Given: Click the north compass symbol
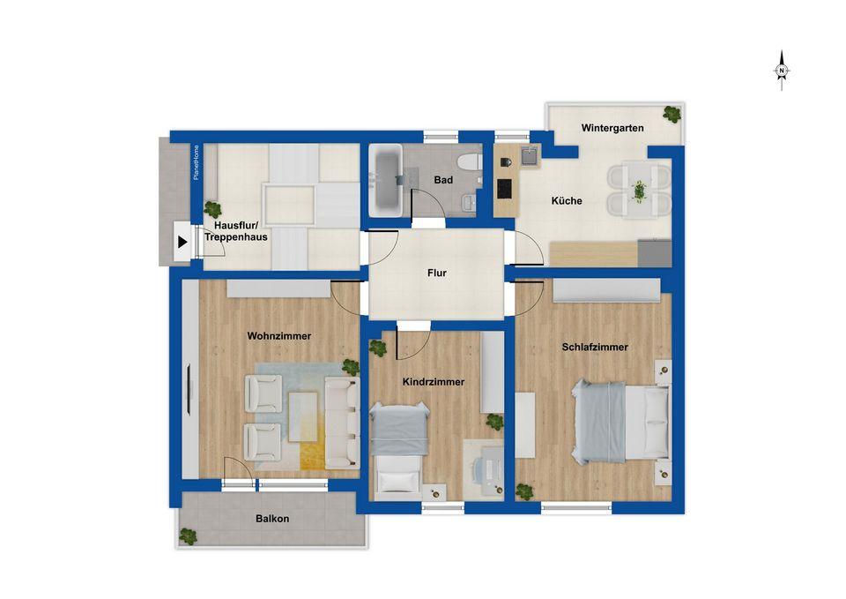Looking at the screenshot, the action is coord(782,71).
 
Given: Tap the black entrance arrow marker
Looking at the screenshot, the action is coord(183,242).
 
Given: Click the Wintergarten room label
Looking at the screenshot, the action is coord(612,128).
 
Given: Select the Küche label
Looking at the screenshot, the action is coord(567,201).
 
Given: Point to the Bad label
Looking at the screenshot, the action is coord(443,180).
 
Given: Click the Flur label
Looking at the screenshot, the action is coord(437,273).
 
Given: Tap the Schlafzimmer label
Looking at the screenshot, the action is coord(595,348).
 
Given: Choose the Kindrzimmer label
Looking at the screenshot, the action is coord(434,382).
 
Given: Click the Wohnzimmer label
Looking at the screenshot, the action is coord(279,336).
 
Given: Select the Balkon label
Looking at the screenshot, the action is coord(272,519).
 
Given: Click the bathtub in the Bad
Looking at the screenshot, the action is coord(386,180).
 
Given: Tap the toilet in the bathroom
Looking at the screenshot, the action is coord(469,161).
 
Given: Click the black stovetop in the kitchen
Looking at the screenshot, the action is coord(505,190).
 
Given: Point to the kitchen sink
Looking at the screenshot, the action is coord(530,155).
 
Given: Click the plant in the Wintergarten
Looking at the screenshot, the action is coord(672,114).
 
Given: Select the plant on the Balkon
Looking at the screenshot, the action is coord(188,536).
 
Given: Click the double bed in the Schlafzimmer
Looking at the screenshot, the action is coord(620,422).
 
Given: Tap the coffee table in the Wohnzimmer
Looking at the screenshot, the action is coord(302,416).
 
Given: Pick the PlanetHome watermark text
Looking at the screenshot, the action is coord(196,162).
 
